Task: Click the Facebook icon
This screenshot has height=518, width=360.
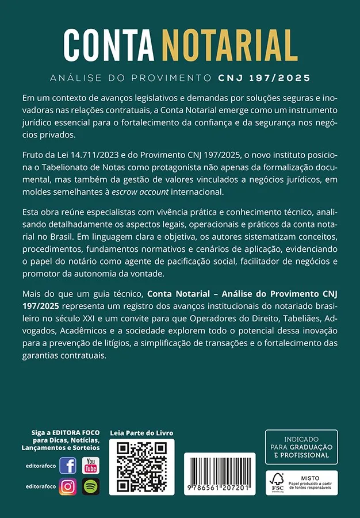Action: tap(68, 465)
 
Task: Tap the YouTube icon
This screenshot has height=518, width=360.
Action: tap(90, 465)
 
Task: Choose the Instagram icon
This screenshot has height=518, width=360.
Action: tap(68, 486)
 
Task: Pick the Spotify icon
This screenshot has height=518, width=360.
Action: tap(90, 486)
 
